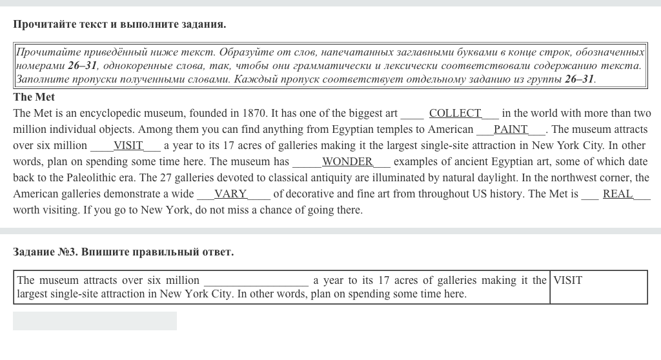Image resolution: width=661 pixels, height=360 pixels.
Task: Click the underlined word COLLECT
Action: coord(455,114)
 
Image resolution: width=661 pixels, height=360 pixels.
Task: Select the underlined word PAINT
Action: coord(511,130)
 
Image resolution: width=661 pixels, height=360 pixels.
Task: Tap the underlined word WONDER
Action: coord(347,162)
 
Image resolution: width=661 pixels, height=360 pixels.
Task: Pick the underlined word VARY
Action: coord(230,194)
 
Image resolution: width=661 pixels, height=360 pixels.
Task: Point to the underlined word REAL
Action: coord(618,194)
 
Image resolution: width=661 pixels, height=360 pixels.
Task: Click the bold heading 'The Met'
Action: coord(34,97)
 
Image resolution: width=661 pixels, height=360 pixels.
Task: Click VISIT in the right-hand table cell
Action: coord(568,281)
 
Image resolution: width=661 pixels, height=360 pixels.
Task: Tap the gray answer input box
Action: coord(95,321)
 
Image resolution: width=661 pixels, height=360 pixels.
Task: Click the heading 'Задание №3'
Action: coord(44,252)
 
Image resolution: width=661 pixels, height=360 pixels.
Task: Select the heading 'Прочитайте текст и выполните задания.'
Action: coord(119,25)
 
